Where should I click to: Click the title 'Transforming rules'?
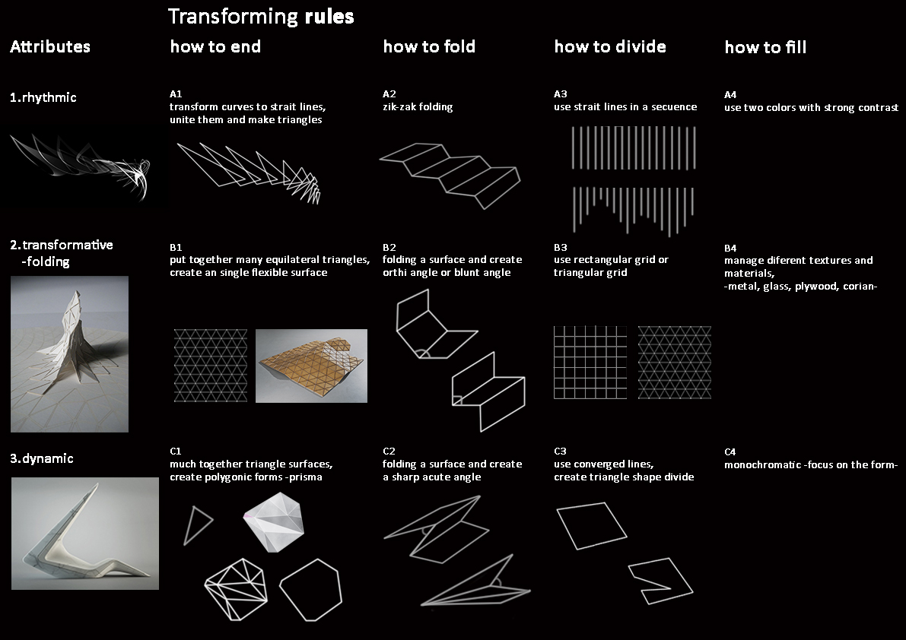[261, 16]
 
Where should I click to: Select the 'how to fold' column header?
[429, 46]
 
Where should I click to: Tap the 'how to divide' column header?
[609, 46]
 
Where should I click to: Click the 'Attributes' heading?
[49, 46]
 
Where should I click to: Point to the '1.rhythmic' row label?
[43, 97]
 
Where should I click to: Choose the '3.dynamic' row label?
[42, 458]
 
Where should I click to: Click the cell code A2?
[389, 93]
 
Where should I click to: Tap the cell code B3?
[560, 247]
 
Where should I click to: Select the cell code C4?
[730, 451]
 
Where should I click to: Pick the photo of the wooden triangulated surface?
[311, 366]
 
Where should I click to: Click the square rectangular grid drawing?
[590, 363]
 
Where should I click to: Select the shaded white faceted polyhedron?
[273, 522]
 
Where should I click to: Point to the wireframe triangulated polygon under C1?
[236, 589]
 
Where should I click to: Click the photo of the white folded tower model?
[69, 353]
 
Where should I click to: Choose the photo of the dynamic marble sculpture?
[85, 534]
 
